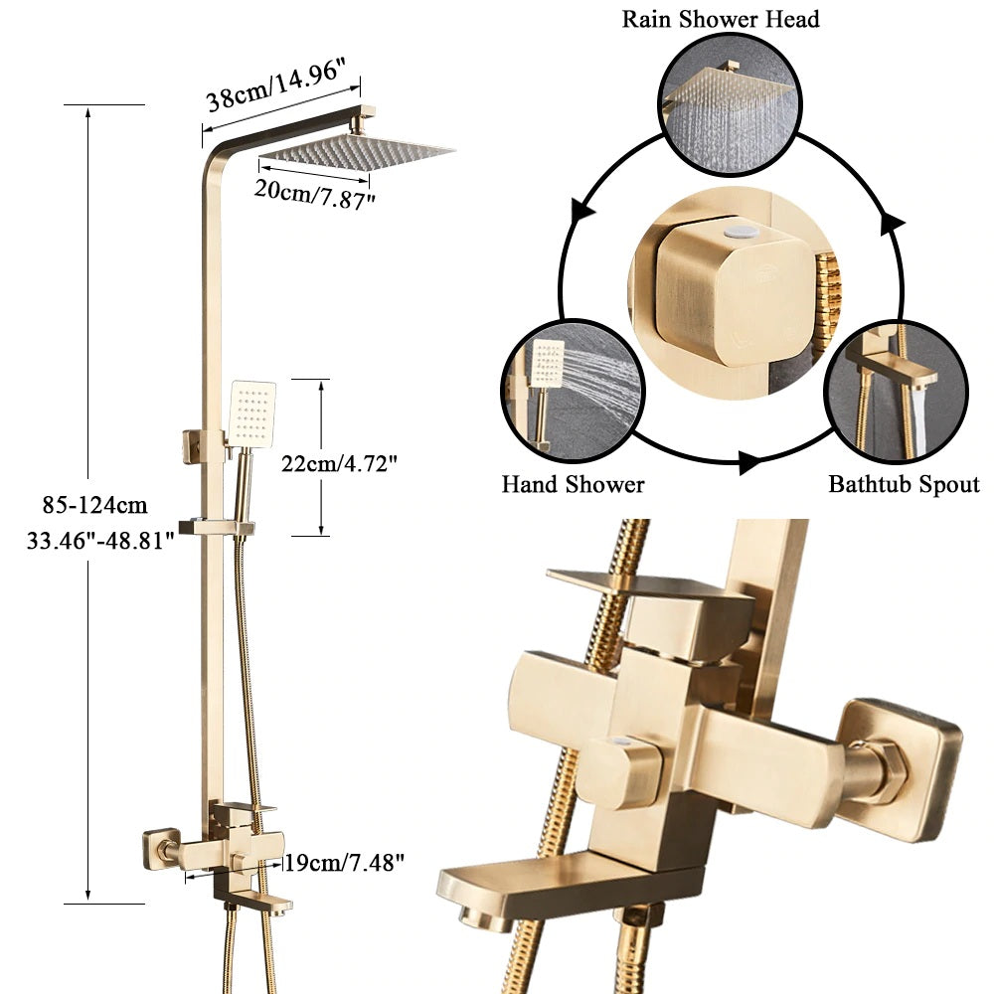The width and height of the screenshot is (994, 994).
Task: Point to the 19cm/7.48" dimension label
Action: point(344,862)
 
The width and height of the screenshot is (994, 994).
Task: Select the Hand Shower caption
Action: point(573,485)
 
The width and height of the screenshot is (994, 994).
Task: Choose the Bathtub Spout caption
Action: point(904,485)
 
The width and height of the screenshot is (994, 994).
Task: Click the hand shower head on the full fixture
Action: point(251,414)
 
